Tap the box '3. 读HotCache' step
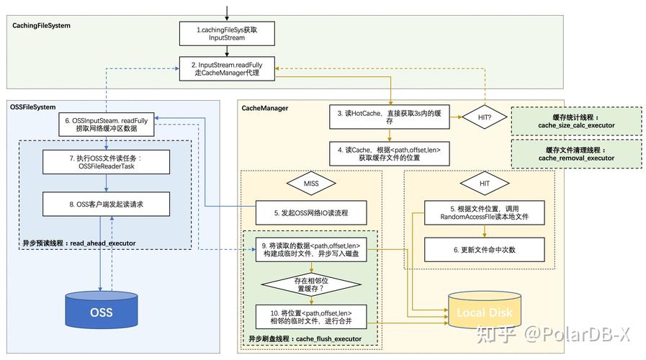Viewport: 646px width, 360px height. click(390, 118)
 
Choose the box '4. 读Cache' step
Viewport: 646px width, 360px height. click(390, 153)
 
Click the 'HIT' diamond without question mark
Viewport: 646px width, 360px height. click(484, 184)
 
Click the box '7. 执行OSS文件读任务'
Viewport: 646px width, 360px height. click(107, 162)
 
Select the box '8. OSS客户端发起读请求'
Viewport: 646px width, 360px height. click(107, 204)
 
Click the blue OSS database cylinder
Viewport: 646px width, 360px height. click(101, 311)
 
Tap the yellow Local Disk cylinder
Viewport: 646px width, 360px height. click(484, 312)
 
